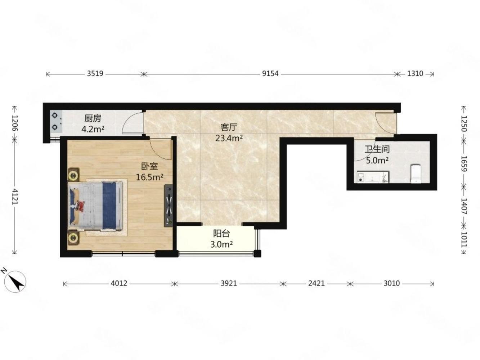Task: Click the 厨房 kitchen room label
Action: (x=93, y=118)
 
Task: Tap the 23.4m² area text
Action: (x=229, y=138)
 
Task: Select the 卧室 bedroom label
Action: (x=149, y=167)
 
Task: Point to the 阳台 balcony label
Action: (x=221, y=234)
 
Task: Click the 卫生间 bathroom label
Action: (x=377, y=149)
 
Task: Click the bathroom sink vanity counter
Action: (x=373, y=177)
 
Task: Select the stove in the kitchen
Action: (x=56, y=121)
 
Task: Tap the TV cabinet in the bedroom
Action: (x=169, y=206)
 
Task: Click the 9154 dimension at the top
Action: (x=270, y=74)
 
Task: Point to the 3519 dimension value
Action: (x=95, y=73)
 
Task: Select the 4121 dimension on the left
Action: (x=15, y=196)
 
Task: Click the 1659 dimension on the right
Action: (x=464, y=164)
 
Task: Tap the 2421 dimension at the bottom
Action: (x=317, y=283)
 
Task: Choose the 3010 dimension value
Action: (x=392, y=283)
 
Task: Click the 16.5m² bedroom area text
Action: (x=149, y=177)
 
